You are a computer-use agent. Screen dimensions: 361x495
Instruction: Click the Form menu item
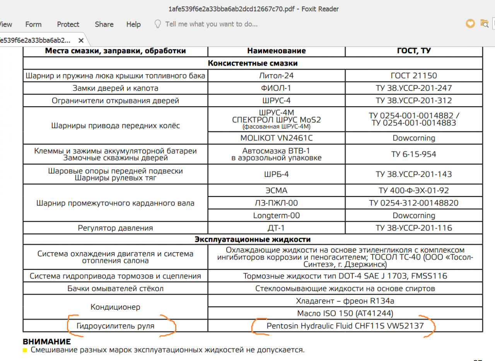click(33, 24)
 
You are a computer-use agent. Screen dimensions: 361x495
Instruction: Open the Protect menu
click(68, 24)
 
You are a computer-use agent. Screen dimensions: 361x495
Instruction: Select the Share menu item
click(104, 24)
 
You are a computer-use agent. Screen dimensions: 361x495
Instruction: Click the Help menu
click(133, 24)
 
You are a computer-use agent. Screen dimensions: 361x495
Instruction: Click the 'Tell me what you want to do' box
click(211, 24)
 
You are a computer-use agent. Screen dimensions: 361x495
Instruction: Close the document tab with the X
click(81, 40)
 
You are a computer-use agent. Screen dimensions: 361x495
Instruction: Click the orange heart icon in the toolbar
click(470, 24)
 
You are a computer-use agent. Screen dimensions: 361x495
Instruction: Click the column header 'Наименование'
click(277, 51)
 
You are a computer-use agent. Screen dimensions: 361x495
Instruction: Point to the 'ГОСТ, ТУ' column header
click(414, 51)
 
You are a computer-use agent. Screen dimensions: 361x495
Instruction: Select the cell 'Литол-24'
click(277, 76)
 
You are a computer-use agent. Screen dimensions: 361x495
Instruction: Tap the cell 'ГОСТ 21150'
click(414, 76)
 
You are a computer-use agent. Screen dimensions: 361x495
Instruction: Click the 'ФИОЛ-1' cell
click(277, 88)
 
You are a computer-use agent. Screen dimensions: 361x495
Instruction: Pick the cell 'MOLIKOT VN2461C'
click(277, 138)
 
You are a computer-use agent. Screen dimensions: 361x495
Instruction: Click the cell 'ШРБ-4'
click(277, 174)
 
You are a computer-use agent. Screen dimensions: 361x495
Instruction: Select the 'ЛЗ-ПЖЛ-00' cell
click(277, 203)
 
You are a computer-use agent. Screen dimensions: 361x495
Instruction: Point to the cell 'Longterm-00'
click(277, 215)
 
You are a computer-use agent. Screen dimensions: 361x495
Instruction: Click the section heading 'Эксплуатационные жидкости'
click(253, 239)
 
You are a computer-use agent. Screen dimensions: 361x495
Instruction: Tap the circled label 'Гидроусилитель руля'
click(115, 326)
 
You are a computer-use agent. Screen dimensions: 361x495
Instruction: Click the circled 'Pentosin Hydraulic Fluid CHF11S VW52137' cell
click(345, 326)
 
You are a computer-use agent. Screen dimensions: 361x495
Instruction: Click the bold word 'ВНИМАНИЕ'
click(47, 342)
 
